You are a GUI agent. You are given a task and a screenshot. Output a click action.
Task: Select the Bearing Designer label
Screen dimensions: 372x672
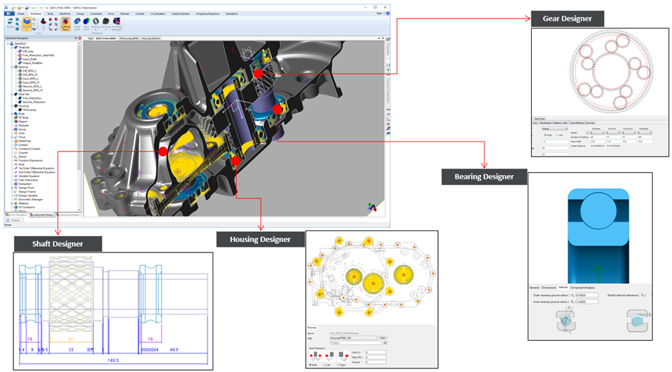(478, 176)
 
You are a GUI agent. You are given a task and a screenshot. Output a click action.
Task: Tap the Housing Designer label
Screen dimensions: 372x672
(254, 239)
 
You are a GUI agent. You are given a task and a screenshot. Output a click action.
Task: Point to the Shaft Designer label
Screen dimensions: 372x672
(58, 244)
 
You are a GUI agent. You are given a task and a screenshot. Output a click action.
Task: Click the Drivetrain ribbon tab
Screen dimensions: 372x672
(36, 14)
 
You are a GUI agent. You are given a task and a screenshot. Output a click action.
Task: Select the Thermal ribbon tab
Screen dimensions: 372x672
(125, 14)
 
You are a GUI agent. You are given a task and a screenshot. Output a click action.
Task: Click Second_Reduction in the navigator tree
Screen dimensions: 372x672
(29, 102)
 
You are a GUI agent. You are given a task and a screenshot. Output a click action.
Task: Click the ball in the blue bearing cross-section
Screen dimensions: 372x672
(597, 214)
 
